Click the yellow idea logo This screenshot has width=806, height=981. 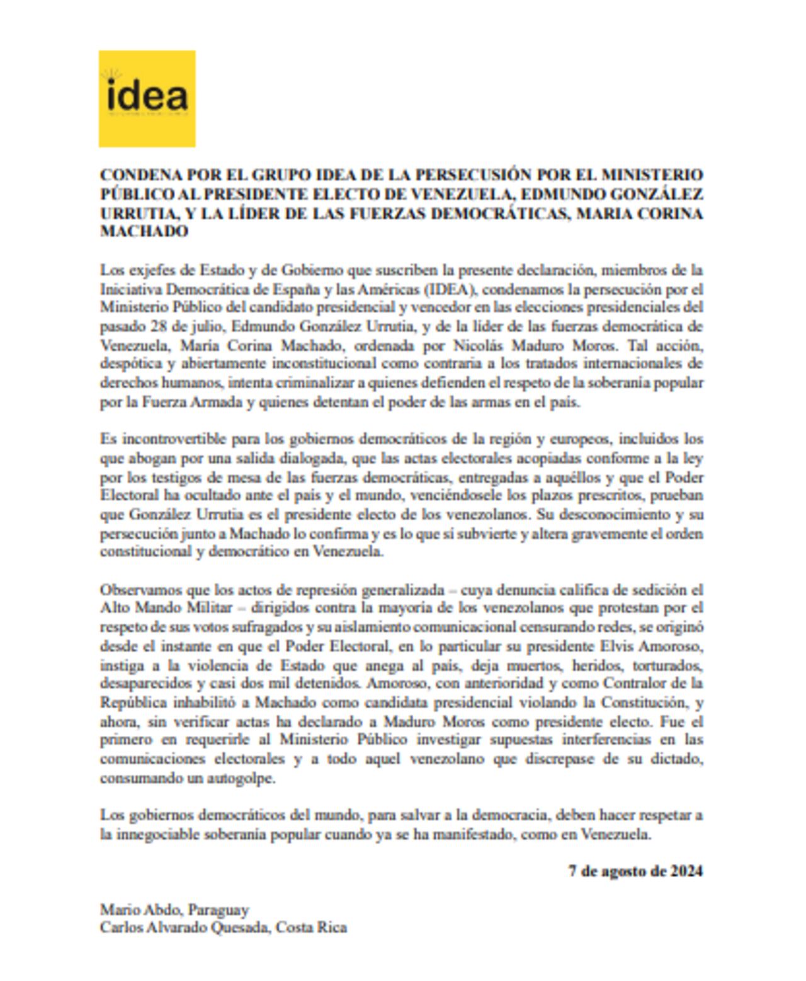click(x=147, y=99)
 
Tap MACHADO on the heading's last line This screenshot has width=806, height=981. click(x=144, y=231)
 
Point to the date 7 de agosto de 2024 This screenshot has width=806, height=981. click(x=635, y=871)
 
